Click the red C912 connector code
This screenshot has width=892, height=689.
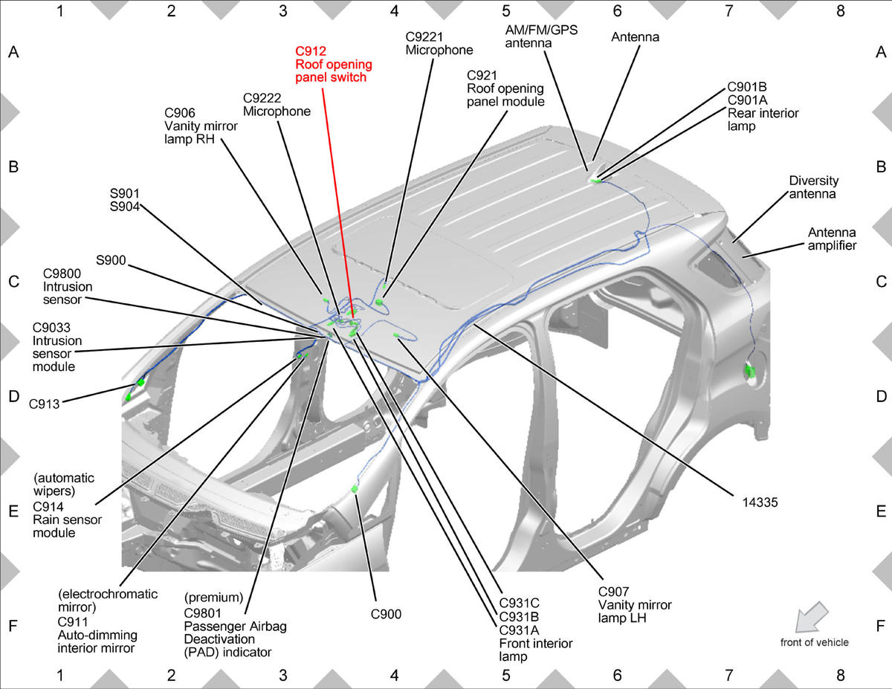(x=311, y=51)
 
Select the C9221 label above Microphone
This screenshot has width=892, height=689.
(x=424, y=37)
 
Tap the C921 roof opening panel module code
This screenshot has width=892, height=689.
(x=482, y=76)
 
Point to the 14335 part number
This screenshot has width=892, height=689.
(x=760, y=502)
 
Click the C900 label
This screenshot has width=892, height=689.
(x=386, y=615)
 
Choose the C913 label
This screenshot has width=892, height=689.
(x=45, y=404)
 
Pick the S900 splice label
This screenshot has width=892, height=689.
(x=111, y=260)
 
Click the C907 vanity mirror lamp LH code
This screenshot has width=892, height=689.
(x=614, y=592)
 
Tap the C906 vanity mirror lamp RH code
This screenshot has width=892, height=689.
(x=180, y=113)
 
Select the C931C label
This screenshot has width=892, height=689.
(x=520, y=604)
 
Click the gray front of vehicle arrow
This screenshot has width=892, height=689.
(x=812, y=617)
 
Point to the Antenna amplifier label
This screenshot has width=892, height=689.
(x=832, y=239)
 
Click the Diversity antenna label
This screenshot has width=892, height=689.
(x=814, y=187)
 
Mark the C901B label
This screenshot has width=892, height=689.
(x=747, y=87)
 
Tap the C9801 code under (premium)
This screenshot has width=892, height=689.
(x=203, y=613)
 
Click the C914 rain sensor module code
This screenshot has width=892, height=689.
(x=48, y=507)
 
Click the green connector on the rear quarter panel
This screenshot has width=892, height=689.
(x=750, y=372)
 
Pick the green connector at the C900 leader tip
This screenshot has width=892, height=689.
(x=355, y=488)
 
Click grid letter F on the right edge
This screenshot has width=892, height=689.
(x=880, y=626)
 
